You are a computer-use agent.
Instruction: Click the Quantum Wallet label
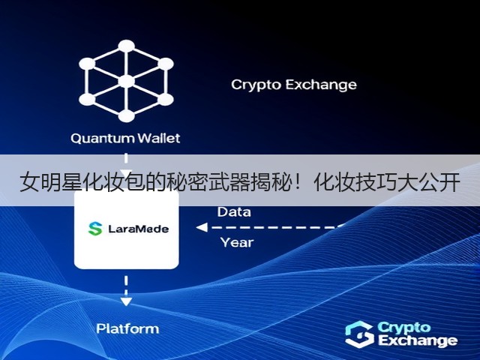tap(125, 138)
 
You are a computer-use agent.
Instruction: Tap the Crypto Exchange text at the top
tap(294, 85)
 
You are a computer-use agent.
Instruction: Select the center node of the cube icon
tap(126, 82)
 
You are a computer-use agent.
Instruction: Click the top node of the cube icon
tap(126, 46)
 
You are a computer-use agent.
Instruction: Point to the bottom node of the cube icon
tap(126, 116)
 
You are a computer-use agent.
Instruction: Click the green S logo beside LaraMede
tap(95, 229)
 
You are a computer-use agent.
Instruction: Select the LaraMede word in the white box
tap(138, 229)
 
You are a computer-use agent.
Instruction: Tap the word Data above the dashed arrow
tap(234, 211)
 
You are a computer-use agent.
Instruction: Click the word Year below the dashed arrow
tap(237, 242)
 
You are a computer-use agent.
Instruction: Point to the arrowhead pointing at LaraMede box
tap(202, 227)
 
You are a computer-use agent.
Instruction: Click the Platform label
tap(127, 328)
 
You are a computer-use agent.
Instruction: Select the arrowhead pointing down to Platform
tap(126, 301)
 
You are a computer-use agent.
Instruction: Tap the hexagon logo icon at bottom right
tap(360, 334)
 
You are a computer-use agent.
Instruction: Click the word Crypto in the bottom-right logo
tap(404, 328)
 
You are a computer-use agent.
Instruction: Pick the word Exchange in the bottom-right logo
tap(418, 340)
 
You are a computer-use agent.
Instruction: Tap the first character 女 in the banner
tap(30, 182)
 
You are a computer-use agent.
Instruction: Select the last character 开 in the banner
tap(450, 182)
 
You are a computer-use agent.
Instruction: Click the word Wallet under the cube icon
tap(158, 138)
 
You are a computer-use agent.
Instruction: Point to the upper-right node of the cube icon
tap(165, 64)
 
